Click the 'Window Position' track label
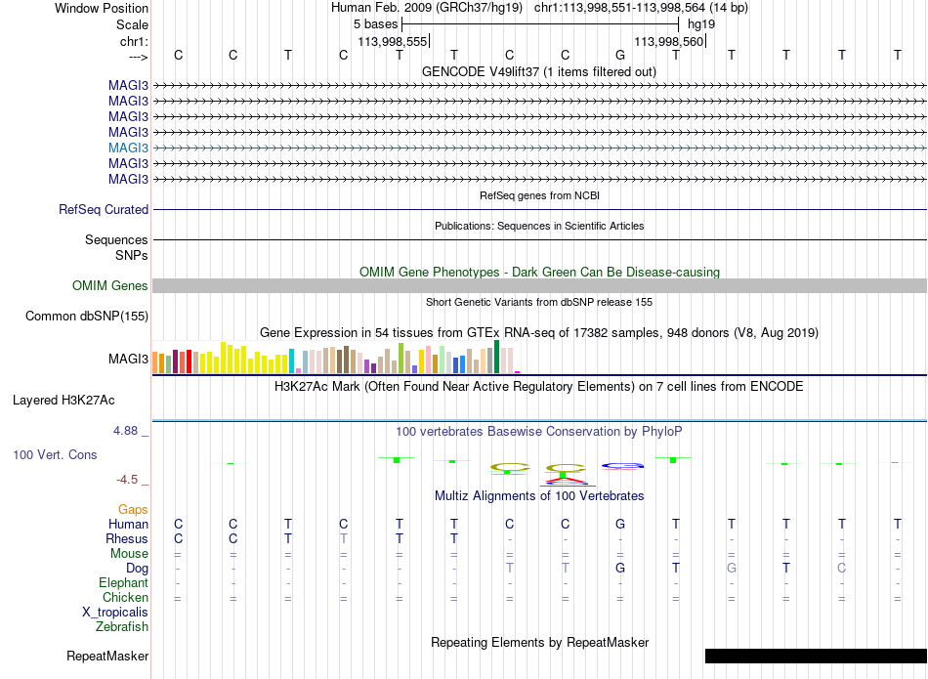[102, 8]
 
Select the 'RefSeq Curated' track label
[104, 209]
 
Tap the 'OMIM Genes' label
[110, 286]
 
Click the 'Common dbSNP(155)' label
[87, 317]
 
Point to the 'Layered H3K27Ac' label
[63, 401]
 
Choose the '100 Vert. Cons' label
[55, 454]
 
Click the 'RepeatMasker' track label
[107, 656]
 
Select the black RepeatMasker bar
[816, 656]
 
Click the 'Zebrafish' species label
[122, 626]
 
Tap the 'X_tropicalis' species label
[115, 613]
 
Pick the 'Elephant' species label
[124, 582]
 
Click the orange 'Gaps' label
[133, 509]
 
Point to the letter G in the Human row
[620, 524]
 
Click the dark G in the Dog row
[620, 568]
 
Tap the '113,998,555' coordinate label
[393, 41]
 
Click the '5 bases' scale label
[376, 24]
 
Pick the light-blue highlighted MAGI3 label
[128, 148]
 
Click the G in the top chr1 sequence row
[620, 55]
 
